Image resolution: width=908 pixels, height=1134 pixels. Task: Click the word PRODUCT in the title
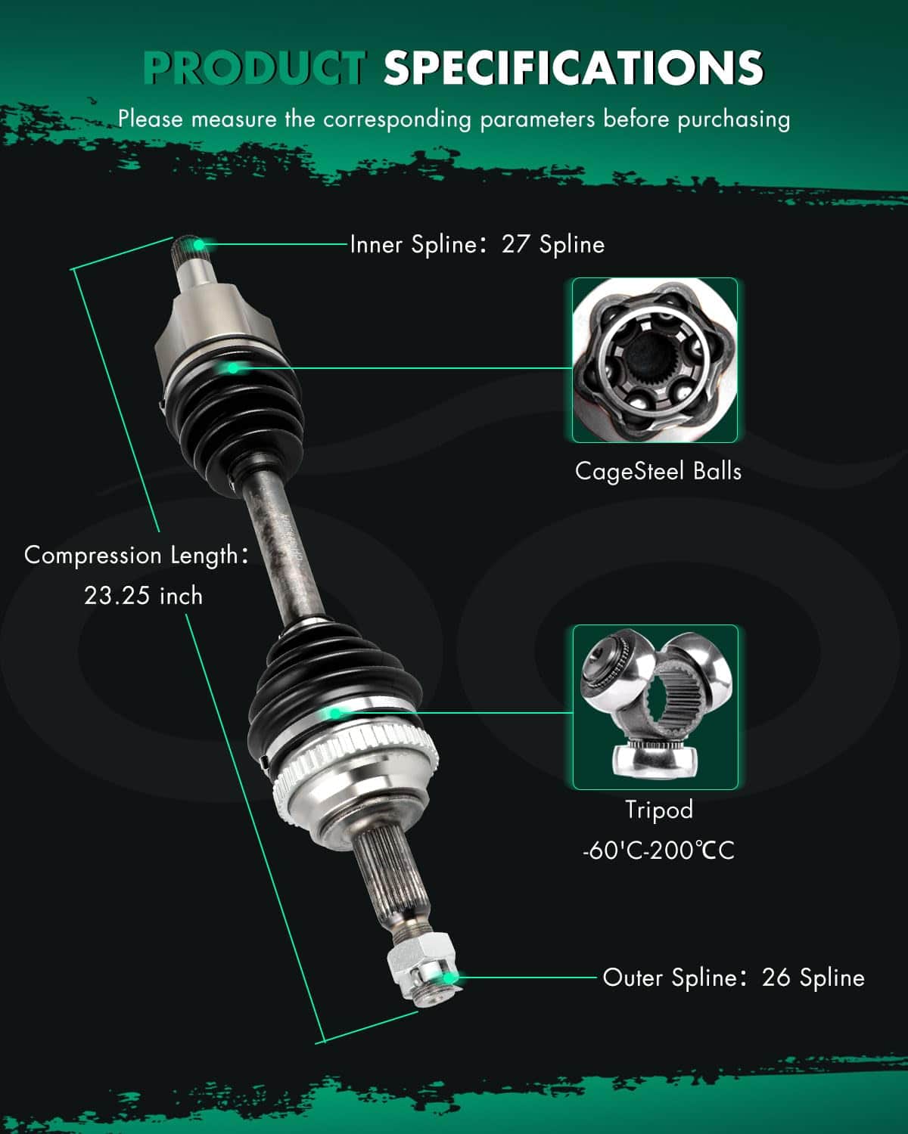(x=255, y=67)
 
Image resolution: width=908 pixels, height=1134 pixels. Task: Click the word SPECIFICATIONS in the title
(x=574, y=67)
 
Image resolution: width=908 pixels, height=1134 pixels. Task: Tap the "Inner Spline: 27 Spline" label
(x=477, y=244)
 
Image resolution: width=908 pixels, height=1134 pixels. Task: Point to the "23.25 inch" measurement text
(x=144, y=596)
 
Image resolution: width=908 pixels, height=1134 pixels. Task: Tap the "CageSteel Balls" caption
(x=658, y=471)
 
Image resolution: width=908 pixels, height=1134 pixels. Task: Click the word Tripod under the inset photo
(x=658, y=810)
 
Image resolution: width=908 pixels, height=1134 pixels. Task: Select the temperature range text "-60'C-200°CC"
(x=658, y=850)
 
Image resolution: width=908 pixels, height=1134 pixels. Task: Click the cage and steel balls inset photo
(x=655, y=360)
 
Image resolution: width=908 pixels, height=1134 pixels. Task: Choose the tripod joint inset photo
(x=655, y=707)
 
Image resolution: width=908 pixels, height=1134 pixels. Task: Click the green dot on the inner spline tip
(x=199, y=244)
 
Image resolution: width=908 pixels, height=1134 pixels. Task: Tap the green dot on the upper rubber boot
(x=233, y=368)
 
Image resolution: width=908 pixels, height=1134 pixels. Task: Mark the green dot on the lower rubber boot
(x=334, y=714)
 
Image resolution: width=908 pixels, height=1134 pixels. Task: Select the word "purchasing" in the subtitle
(x=734, y=119)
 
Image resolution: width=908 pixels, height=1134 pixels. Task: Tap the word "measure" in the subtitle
(x=234, y=119)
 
